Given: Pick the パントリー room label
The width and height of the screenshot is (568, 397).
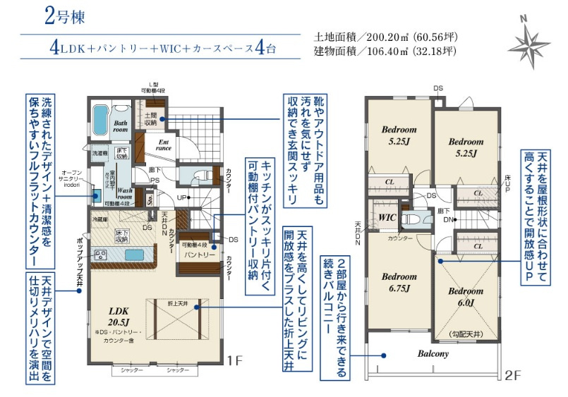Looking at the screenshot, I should pos(200,254).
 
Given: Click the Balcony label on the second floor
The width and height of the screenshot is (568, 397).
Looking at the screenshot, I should pos(433,354).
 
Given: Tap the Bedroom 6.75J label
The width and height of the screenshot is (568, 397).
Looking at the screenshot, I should pos(399,281).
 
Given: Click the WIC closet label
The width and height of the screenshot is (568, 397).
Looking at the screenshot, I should pos(386,217).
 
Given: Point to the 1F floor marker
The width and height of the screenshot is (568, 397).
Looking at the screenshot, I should pos(234,360).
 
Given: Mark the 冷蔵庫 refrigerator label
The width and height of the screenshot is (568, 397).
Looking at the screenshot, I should pos(99,220).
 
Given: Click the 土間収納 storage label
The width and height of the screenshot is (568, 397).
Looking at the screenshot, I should pos(151,118).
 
